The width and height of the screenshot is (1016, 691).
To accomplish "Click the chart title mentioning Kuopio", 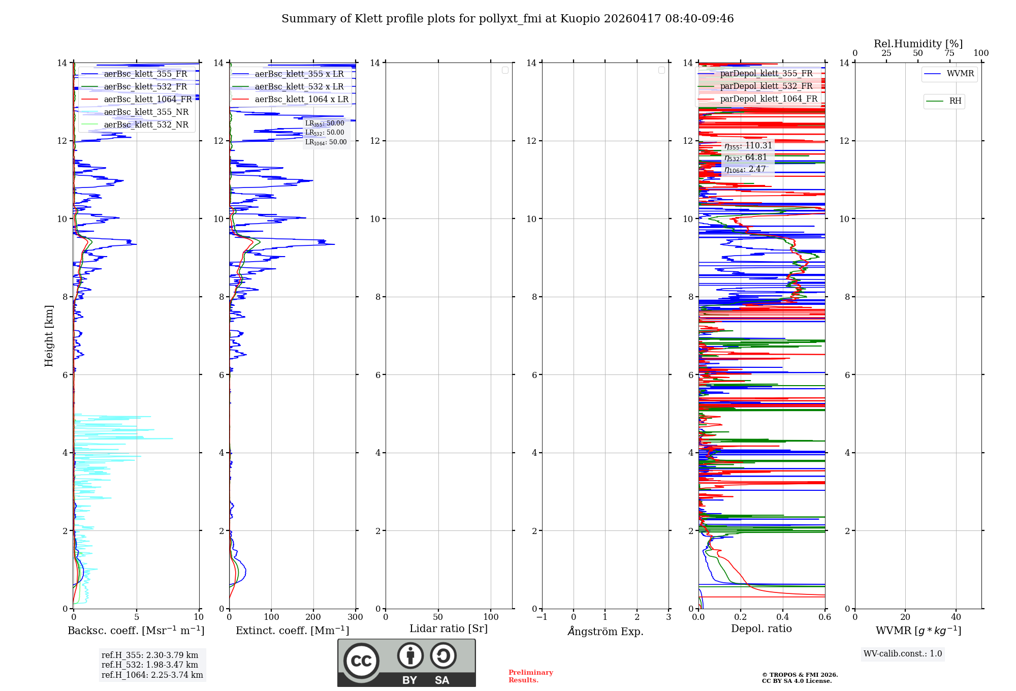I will (507, 19).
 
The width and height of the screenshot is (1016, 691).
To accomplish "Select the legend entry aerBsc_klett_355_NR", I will (146, 112).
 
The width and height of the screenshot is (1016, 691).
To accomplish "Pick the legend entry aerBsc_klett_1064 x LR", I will (301, 99).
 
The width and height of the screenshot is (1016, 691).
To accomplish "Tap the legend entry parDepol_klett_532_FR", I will (766, 86).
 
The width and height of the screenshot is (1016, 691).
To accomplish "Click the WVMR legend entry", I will (960, 74).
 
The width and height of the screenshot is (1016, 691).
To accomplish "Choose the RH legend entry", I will (955, 101).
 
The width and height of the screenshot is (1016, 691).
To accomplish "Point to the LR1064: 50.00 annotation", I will (326, 142).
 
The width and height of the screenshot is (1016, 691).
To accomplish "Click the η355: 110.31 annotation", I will (748, 146).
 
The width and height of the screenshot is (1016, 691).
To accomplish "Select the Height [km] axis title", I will (49, 335).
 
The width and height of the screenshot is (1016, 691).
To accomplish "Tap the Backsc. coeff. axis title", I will (136, 631).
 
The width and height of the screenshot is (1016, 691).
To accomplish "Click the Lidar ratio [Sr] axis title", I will (448, 629).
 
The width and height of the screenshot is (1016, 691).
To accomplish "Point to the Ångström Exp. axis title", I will (605, 631).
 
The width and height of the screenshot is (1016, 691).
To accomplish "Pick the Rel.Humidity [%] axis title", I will (918, 44).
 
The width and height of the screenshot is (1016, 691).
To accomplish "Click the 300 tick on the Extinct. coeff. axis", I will (355, 617).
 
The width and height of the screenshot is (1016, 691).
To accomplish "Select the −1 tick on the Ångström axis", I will (542, 617).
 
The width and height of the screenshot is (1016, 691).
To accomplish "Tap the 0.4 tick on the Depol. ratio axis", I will (783, 617).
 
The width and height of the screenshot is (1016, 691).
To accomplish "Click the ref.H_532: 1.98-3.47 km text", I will (149, 665).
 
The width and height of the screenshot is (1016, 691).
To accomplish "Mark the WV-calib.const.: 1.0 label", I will (903, 654).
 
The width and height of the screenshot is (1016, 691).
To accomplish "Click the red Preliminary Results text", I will (530, 676).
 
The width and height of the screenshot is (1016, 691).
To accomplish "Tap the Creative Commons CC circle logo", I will (361, 661).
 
